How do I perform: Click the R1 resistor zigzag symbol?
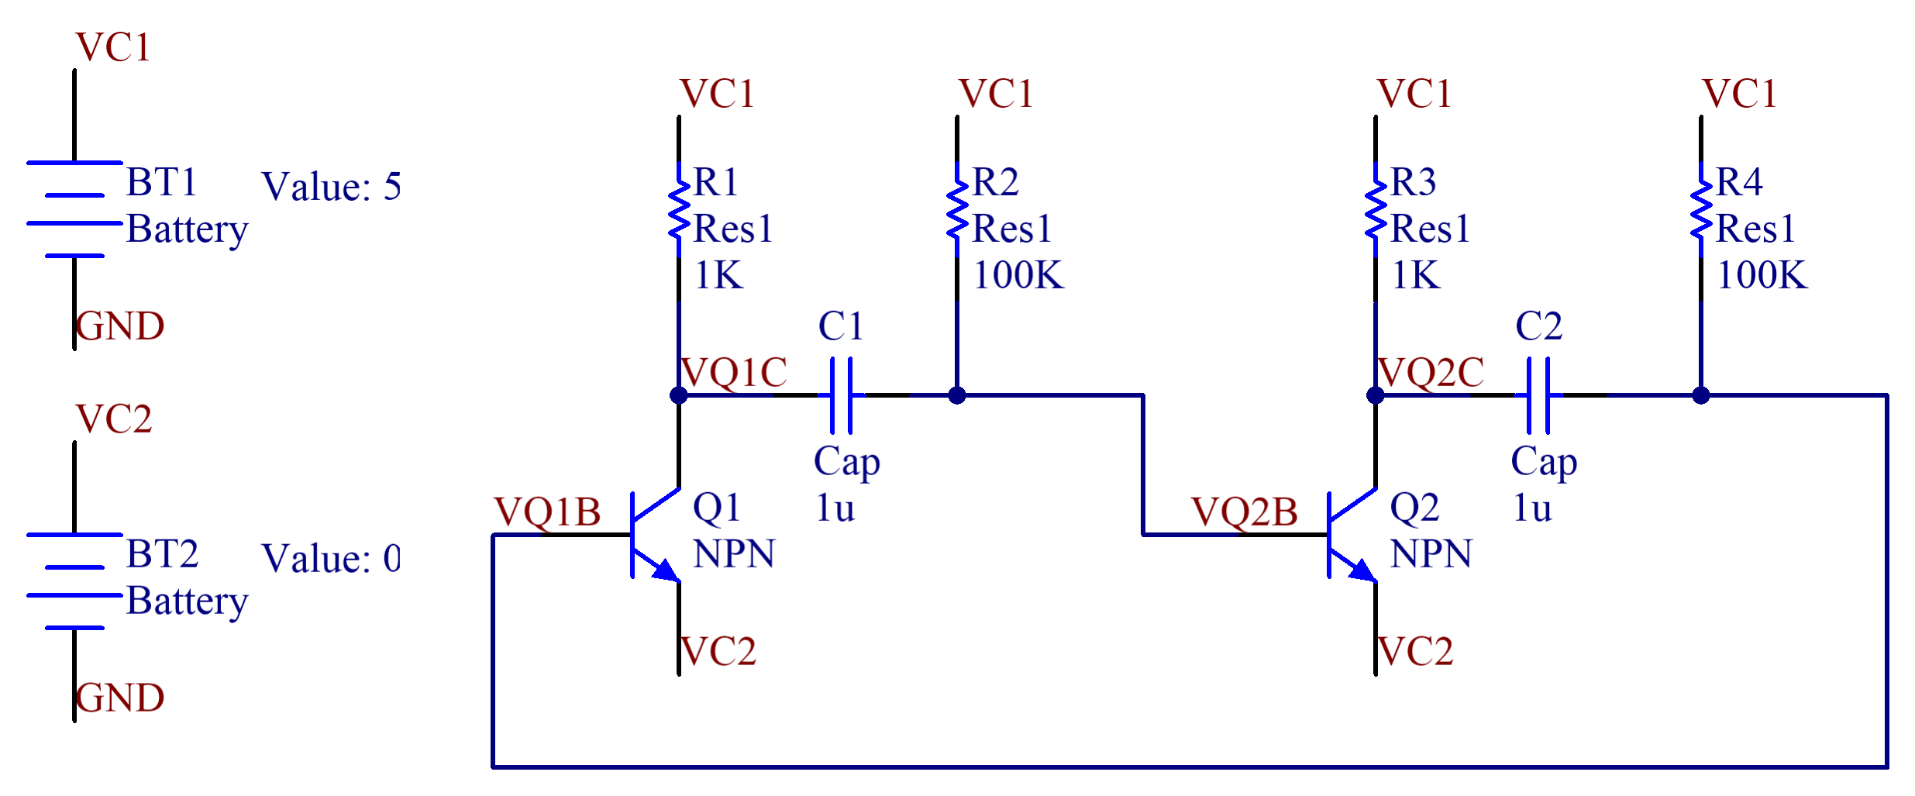679,209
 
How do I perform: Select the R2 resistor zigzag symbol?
957,209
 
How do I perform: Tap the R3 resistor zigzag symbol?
1376,209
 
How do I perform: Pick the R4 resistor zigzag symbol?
1701,209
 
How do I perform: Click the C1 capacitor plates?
842,395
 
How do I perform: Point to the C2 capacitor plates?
1539,395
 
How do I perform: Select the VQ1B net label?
547,512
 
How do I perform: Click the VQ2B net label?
1245,512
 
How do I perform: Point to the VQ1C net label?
734,372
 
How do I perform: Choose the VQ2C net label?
1431,372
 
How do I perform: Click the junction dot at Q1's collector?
679,395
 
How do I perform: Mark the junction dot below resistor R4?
1701,395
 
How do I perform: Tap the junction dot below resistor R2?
957,395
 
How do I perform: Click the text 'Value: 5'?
331,187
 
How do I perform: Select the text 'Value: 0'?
331,559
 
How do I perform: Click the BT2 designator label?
162,554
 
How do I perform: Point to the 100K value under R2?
1019,275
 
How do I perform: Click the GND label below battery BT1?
120,326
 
